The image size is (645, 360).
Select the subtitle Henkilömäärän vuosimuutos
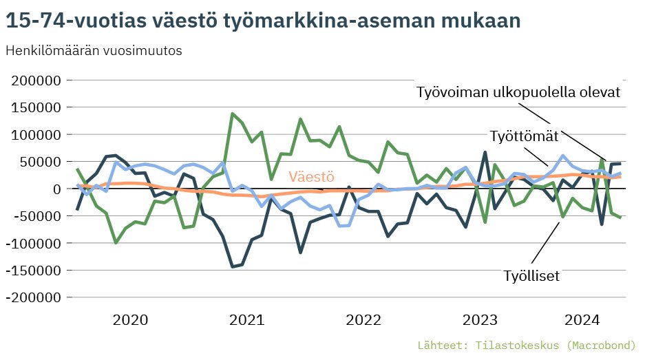94,52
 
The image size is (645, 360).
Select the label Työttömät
524,134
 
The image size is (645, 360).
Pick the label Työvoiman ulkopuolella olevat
519,93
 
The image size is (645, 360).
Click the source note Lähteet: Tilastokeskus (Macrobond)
527,344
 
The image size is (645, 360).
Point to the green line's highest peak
233,114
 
